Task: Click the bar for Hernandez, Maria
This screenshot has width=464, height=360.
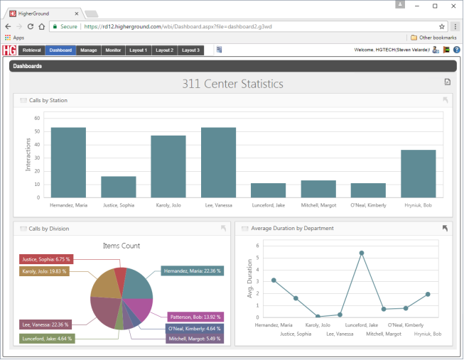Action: tap(68, 163)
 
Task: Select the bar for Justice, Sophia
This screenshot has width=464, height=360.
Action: tap(118, 187)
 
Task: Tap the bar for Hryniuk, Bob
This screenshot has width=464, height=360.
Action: tap(418, 173)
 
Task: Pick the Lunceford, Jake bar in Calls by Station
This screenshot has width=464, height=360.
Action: tap(268, 190)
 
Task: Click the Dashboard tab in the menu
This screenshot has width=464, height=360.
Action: tap(61, 50)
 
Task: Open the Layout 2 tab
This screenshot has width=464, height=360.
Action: tap(164, 50)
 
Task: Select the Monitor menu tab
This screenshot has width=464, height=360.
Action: tap(113, 50)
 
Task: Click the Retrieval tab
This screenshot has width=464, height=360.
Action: tap(33, 50)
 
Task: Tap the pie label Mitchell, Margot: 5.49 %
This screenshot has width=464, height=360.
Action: tap(194, 339)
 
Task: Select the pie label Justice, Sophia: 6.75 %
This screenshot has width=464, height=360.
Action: tap(45, 259)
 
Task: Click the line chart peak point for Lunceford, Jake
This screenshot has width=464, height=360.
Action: tap(362, 253)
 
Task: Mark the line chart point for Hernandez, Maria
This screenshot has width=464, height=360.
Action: tap(274, 280)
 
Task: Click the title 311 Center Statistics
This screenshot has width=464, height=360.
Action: tap(232, 84)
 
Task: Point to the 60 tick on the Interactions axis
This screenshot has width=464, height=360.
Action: tap(37, 119)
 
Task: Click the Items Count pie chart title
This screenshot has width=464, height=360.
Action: tap(122, 246)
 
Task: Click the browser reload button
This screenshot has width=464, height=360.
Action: tap(31, 26)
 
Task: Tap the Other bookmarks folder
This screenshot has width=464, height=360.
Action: tap(433, 37)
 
